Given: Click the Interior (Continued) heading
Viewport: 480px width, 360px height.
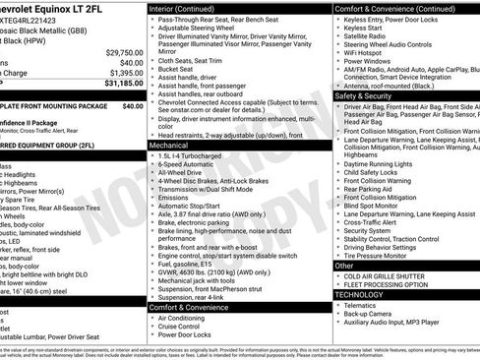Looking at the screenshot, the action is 189,7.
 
